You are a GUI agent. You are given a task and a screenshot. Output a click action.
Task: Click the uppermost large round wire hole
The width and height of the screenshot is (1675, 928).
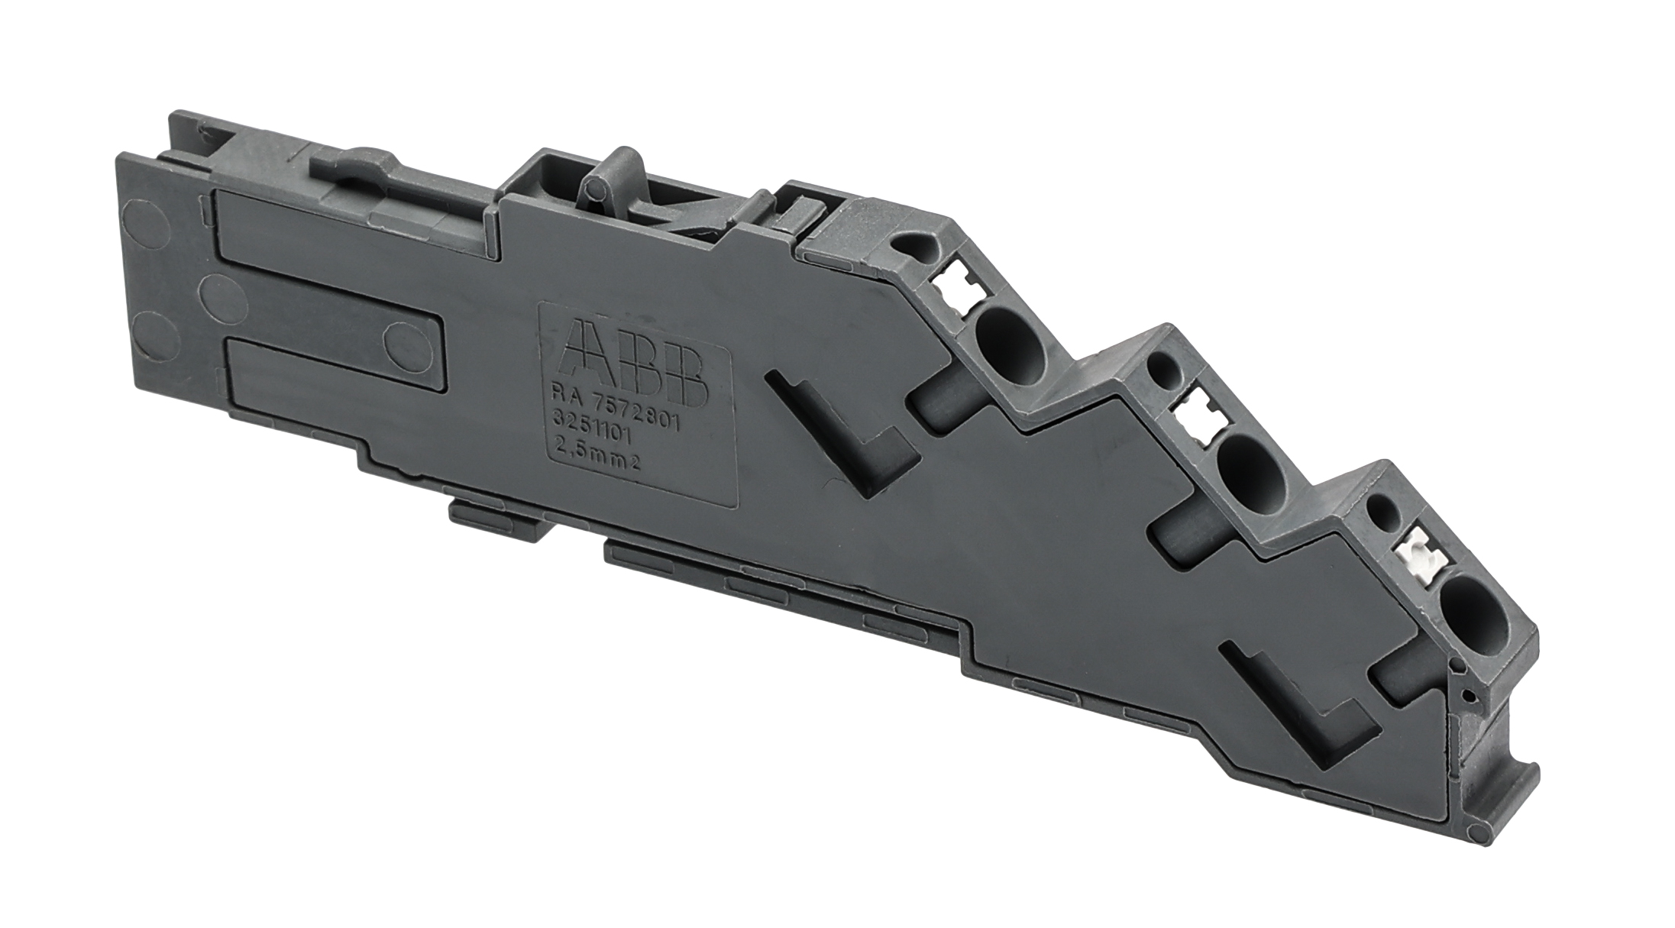(x=1011, y=347)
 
